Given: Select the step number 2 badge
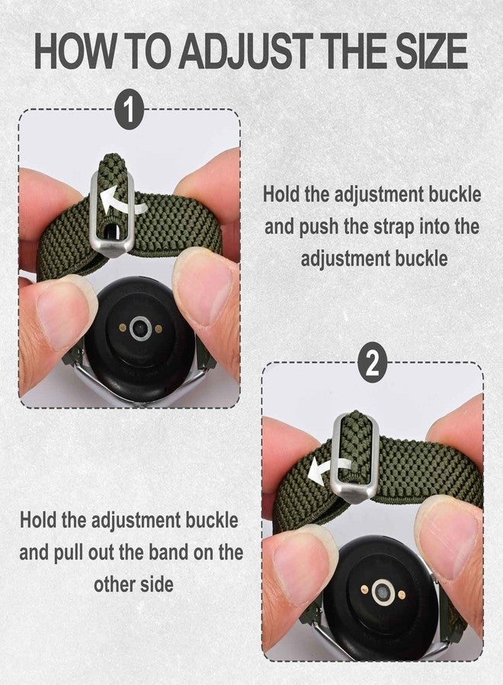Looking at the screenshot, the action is [372, 364].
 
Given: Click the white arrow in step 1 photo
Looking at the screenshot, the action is [118, 199].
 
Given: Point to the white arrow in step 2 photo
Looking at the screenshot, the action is [328, 470].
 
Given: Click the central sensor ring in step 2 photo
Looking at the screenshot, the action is [383, 593].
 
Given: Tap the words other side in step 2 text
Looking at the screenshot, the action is [133, 585].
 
